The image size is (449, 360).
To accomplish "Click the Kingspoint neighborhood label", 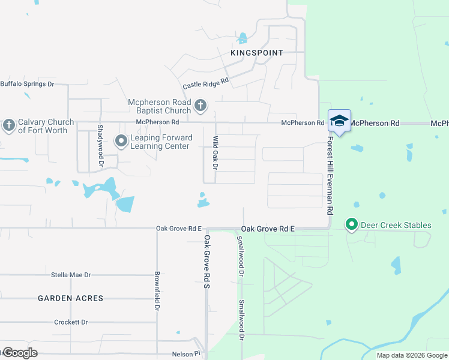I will pos(256,53).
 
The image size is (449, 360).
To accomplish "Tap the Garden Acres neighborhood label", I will pos(71,298).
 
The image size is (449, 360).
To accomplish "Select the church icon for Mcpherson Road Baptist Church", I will pos(200,107).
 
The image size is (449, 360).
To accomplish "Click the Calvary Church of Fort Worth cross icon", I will pos(8,125).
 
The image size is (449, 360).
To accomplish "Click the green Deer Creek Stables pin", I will pos(352,226).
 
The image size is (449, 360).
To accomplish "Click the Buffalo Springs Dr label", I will pos(27,84).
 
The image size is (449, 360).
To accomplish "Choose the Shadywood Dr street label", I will pos(101,146).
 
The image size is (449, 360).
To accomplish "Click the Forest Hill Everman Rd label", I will pos(330,175).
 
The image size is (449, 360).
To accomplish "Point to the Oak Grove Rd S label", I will pos(206,260).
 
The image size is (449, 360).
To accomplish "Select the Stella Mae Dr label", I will pos(71,275).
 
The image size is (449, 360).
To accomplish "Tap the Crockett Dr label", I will pos(70,322).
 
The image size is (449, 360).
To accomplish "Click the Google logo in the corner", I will pos(20,353).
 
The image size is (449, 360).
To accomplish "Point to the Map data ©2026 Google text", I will pos(411,355).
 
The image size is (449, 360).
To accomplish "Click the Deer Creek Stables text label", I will pos(396,226).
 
